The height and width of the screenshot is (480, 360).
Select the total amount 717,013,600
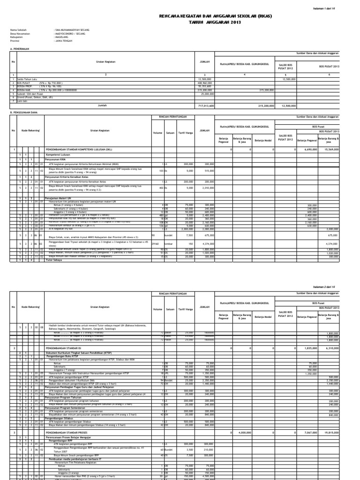[206, 106]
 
